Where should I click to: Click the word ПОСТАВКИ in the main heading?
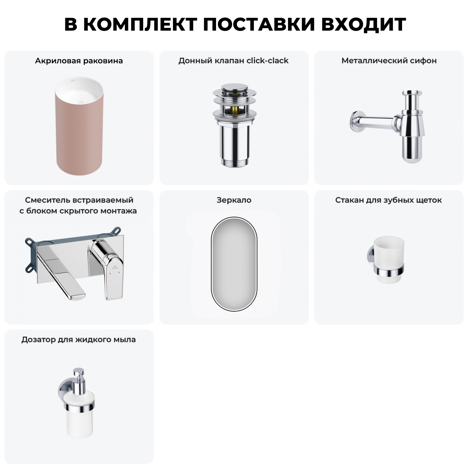coord(259,24)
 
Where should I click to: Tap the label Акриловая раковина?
coord(79,61)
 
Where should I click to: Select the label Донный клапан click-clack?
coord(234,61)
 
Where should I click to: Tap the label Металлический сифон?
coord(389,61)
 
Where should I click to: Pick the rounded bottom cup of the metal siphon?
coord(413,153)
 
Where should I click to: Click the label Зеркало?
coord(234,200)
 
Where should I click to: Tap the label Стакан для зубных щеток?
coord(389,200)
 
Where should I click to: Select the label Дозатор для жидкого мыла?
coord(79,340)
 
